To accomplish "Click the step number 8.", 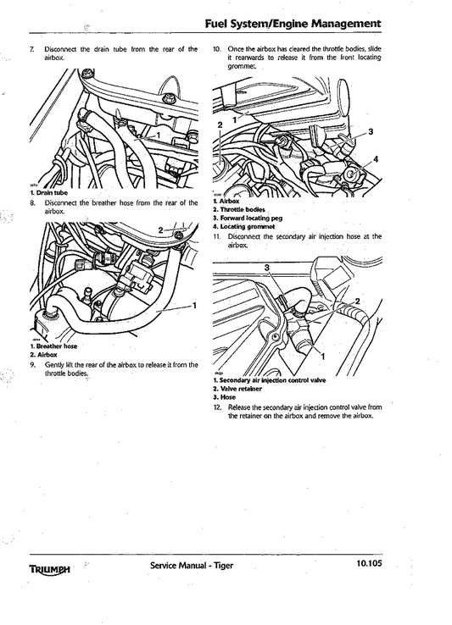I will (31, 203).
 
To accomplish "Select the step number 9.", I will (31, 365).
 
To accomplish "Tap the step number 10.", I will (217, 49).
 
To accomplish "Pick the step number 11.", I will (217, 236).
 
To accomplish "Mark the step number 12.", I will (217, 407).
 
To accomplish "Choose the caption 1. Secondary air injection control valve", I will (269, 381).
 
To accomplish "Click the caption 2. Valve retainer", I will (238, 389).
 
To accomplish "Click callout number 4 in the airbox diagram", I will (377, 159).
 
